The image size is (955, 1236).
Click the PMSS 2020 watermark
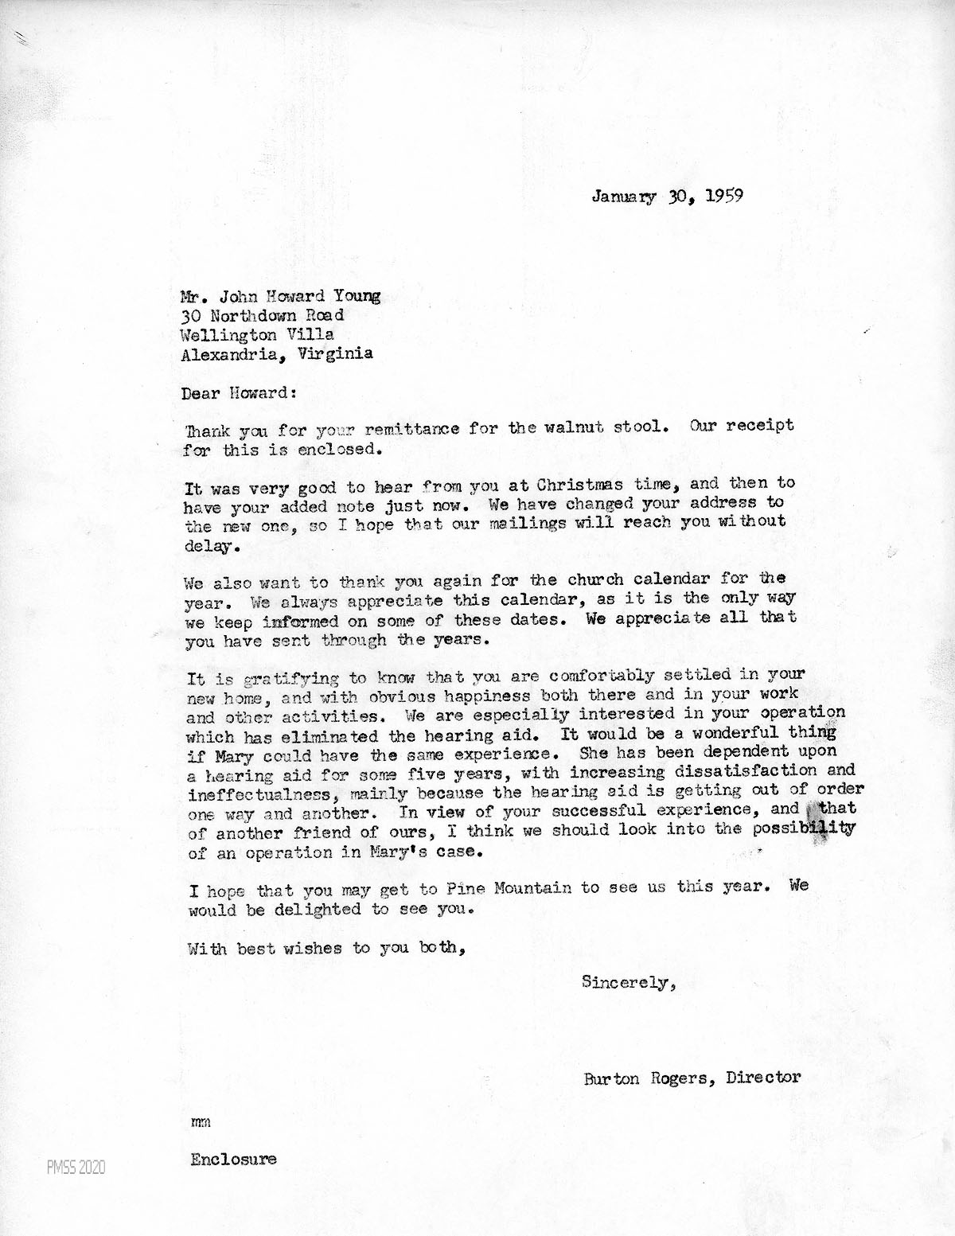72,1168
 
